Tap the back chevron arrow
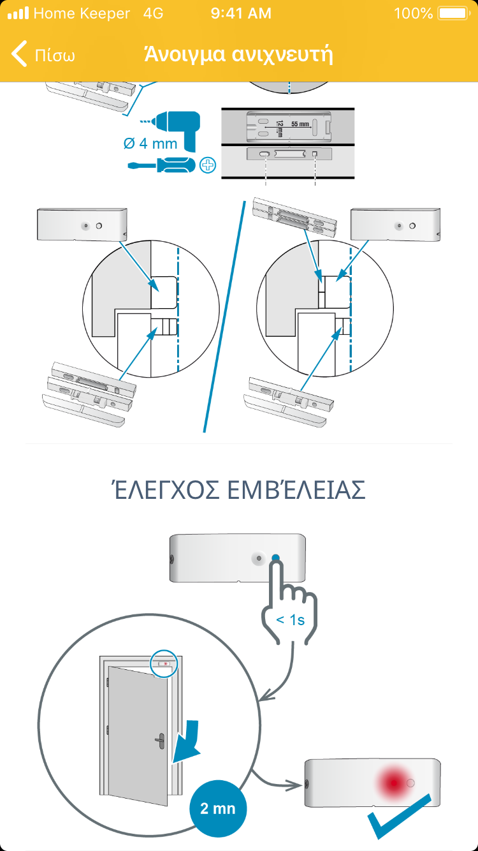(x=19, y=54)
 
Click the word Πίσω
(x=55, y=56)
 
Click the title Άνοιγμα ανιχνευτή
(x=239, y=54)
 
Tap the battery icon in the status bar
(x=454, y=13)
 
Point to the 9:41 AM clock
(x=241, y=13)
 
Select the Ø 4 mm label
(x=150, y=144)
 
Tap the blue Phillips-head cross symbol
(x=208, y=165)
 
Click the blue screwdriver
(x=161, y=165)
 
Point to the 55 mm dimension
(x=300, y=124)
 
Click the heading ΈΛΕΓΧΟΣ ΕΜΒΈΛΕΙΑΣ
(x=239, y=489)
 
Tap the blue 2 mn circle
(x=218, y=808)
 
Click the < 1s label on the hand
(x=291, y=619)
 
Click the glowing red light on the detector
(x=394, y=783)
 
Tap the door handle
(x=160, y=741)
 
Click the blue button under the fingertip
(x=275, y=558)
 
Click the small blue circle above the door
(x=164, y=663)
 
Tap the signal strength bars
(x=18, y=13)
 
